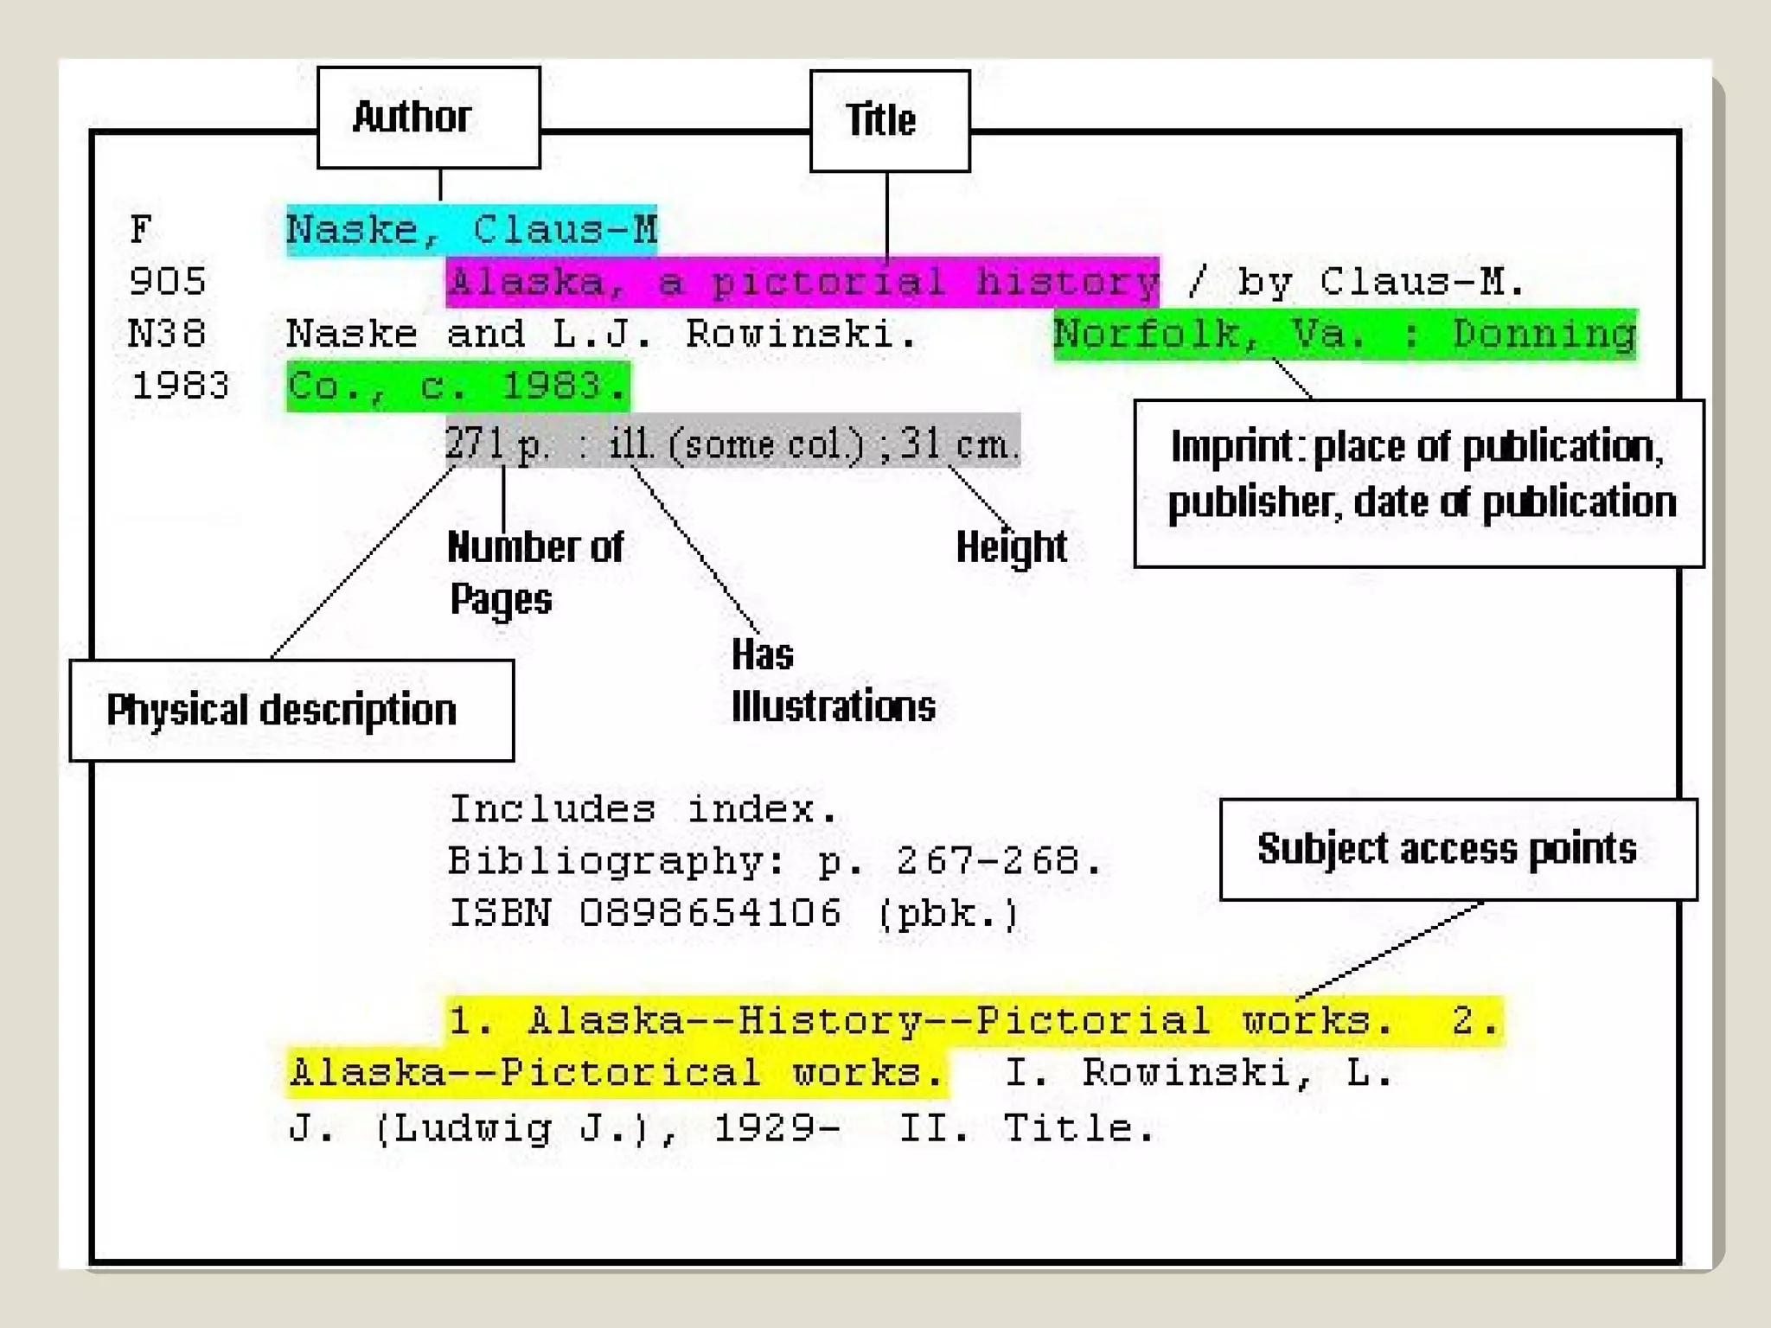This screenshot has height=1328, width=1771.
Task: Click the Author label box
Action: pos(428,118)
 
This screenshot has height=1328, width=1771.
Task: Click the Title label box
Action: pos(889,121)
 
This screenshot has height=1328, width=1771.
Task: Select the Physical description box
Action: pos(291,711)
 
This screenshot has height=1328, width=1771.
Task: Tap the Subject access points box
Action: pos(1457,849)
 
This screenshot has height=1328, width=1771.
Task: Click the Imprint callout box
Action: pos(1418,482)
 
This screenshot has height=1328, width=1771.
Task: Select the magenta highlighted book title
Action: pos(802,283)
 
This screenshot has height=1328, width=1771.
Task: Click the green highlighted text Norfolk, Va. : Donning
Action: pos(1345,335)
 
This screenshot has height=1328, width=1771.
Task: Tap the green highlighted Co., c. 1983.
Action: pos(457,386)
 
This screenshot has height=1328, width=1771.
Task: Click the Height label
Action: pos(1011,547)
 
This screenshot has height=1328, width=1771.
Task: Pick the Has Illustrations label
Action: pos(832,680)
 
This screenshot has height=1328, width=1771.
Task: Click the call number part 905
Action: pos(168,283)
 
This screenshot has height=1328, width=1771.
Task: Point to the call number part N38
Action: pos(167,335)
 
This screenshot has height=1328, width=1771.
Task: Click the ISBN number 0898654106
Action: pos(710,914)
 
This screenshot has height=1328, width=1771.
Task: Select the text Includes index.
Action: pos(643,810)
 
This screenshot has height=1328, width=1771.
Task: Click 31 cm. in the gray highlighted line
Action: pos(956,444)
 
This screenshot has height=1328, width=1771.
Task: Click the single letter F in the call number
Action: pos(141,231)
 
